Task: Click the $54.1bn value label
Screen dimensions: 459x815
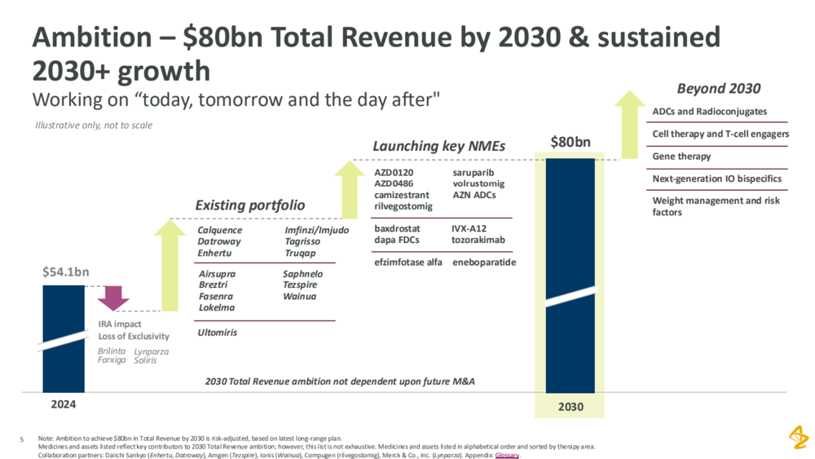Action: click(64, 271)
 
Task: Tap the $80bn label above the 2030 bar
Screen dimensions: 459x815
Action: click(570, 143)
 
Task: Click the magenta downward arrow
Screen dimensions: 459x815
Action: click(113, 298)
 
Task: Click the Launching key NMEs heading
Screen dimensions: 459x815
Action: click(438, 146)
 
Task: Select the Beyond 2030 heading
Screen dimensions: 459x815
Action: click(719, 89)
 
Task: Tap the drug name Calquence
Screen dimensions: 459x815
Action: click(220, 231)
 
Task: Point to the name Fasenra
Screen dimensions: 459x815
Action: click(216, 297)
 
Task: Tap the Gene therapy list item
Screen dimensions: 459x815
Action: click(681, 157)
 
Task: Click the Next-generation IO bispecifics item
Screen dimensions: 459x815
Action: click(717, 179)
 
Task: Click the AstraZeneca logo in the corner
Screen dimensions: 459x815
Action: click(798, 438)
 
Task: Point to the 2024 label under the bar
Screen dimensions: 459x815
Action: click(63, 403)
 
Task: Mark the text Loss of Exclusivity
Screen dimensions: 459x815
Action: click(134, 336)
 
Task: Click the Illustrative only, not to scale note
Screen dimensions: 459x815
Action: click(94, 126)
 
